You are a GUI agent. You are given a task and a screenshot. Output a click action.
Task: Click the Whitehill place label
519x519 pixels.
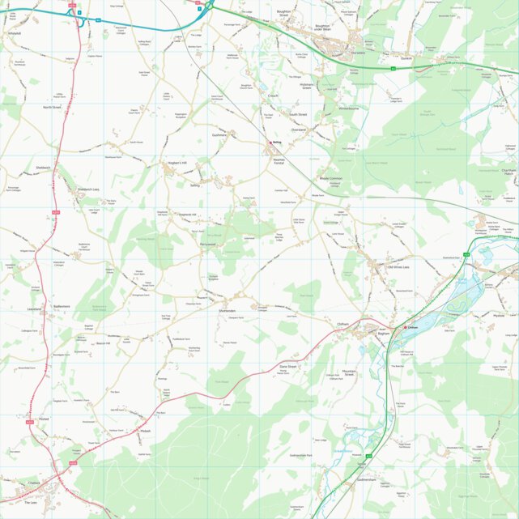(13, 33)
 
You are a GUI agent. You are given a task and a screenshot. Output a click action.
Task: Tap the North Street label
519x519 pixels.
(53, 107)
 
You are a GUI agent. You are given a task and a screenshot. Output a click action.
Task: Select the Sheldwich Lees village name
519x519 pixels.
(88, 189)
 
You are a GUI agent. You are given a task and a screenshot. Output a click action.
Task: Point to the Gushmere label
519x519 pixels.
(219, 135)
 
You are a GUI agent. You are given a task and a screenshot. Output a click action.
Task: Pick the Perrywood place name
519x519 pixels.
(210, 244)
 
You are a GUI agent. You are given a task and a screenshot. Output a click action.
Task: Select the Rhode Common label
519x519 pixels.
(331, 177)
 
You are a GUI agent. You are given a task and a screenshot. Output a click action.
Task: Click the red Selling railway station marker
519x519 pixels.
(271, 143)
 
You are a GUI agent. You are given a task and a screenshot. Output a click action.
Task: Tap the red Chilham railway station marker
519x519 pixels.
(406, 327)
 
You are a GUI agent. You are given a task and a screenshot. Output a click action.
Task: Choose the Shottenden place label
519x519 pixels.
(227, 311)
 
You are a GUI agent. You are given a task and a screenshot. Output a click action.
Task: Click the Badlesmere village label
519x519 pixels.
(62, 306)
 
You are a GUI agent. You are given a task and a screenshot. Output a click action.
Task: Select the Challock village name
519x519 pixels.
(33, 483)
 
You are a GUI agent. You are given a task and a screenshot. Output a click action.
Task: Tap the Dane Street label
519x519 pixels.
(288, 367)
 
